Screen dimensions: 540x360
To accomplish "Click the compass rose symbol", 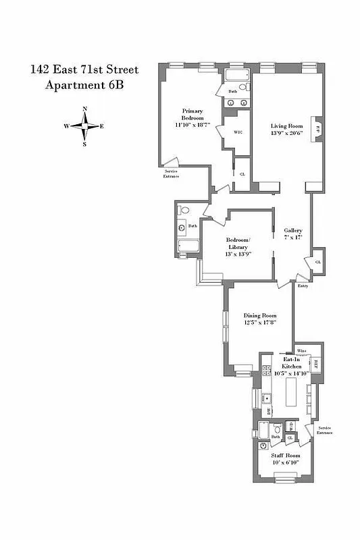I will pos(84,126).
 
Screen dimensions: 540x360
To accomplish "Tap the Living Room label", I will pos(285,126).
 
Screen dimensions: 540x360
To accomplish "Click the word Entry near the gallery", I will pos(303,286).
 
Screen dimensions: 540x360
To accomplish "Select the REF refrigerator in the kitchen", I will pos(315,365).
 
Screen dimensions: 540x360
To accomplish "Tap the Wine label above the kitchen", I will pos(301,352).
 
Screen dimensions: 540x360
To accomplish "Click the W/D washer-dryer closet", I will pos(290,426).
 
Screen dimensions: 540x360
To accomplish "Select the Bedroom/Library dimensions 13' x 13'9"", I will pos(238,254).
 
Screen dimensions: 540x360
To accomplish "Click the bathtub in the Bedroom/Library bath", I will pos(187,248).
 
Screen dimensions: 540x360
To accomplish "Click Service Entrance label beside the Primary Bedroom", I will pos(172,174).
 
